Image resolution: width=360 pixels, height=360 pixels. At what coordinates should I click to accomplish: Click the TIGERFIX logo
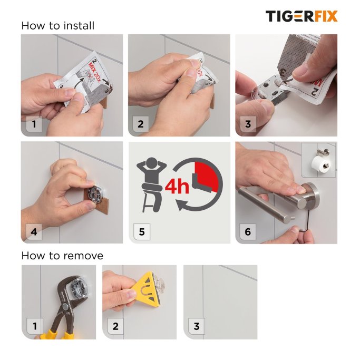pos(301,16)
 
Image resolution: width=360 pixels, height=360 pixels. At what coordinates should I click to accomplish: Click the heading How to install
pos(58,25)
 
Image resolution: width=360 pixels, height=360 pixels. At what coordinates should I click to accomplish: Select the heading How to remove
pos(62,256)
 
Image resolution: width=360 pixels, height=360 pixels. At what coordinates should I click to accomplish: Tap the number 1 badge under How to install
pos(34,124)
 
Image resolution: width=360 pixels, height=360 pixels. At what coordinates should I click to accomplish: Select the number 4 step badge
pos(34,231)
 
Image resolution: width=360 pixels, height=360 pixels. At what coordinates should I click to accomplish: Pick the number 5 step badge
pos(141,231)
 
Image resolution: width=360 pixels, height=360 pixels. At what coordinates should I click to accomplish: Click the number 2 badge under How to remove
pos(115,326)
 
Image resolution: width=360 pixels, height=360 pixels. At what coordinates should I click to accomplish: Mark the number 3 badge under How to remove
pos(196,326)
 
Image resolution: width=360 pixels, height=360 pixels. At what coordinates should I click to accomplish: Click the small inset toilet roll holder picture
pos(318,159)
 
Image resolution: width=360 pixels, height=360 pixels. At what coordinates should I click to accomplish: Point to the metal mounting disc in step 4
pos(96,192)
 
